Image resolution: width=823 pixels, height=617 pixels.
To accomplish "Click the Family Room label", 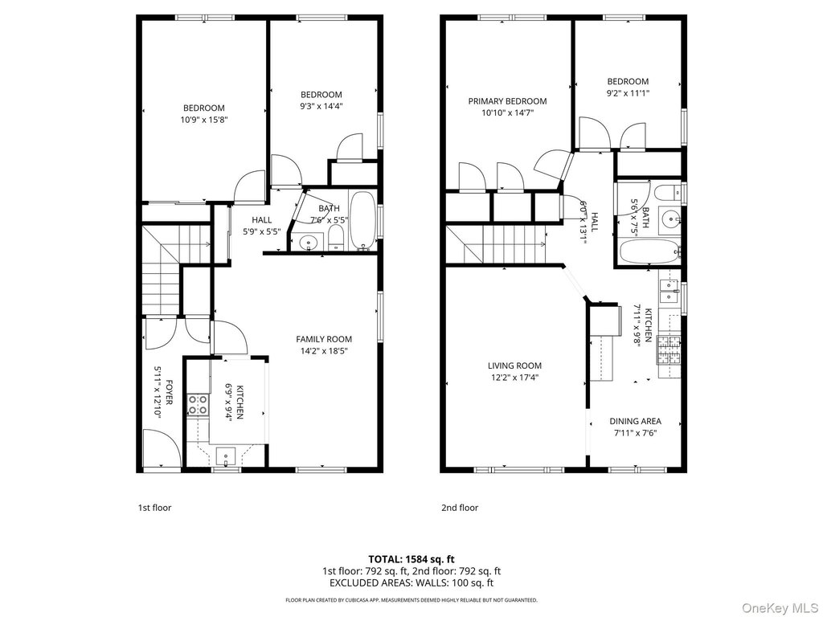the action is click(324, 340).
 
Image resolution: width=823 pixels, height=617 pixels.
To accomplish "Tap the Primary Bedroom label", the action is click(508, 101).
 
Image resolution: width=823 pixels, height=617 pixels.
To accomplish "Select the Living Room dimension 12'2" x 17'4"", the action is click(514, 378).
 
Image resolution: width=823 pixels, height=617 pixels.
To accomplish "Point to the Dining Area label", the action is click(635, 421).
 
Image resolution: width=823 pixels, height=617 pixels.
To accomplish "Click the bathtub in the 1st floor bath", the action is click(362, 220).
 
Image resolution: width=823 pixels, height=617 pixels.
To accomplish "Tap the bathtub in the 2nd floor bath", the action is click(649, 251).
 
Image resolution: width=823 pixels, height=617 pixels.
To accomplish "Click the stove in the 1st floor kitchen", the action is click(198, 405).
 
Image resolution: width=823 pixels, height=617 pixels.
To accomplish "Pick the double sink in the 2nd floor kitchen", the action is click(669, 291).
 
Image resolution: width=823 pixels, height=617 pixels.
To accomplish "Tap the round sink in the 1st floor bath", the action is click(308, 243).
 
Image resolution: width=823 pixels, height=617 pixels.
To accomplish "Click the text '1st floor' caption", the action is click(155, 508).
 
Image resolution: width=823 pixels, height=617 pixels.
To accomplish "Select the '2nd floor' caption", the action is click(460, 508).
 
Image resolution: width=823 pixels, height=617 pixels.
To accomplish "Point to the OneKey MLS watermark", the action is click(779, 607).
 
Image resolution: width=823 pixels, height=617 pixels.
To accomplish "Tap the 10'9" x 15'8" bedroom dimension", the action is click(204, 120).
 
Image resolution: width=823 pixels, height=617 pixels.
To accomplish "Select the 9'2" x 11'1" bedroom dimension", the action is click(629, 93).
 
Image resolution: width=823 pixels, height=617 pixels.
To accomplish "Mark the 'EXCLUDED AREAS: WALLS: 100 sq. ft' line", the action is click(411, 583).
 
